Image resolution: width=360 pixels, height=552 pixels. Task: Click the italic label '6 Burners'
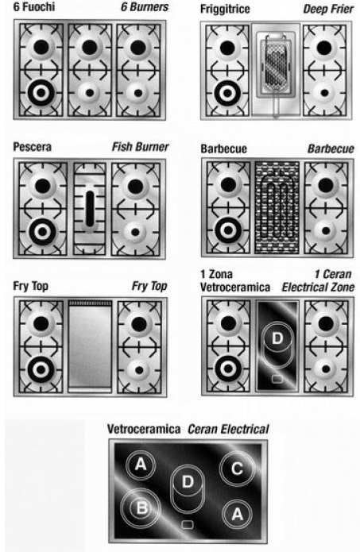coord(145,7)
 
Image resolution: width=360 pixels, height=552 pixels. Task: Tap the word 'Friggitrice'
coord(225,10)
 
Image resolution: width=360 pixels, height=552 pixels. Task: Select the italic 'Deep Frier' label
coord(328,10)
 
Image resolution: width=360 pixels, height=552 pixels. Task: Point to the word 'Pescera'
coord(32,147)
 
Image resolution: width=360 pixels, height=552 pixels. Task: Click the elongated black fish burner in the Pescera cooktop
coord(90,209)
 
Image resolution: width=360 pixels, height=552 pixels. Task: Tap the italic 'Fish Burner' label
coord(140,147)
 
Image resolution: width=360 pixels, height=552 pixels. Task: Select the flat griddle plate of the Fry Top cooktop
coord(90,346)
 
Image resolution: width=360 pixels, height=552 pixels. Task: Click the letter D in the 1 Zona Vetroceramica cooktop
coord(277,338)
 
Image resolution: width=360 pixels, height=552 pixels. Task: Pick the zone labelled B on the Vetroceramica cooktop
coord(141,508)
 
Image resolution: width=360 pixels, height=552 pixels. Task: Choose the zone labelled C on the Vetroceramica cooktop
coord(237,469)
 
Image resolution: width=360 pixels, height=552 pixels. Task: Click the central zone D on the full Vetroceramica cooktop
coord(188,481)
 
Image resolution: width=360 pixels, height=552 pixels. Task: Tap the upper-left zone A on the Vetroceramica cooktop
coord(141,465)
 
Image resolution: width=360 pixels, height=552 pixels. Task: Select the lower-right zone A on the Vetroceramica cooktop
coord(237,515)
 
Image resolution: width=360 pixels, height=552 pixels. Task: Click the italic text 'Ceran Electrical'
coord(228,429)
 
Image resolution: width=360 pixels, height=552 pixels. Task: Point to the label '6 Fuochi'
coord(34,6)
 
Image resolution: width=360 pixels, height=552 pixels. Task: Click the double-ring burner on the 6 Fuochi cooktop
coord(41,93)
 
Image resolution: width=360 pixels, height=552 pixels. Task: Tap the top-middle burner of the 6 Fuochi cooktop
coord(90,47)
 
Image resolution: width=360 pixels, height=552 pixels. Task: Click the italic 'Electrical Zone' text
coord(318,288)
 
